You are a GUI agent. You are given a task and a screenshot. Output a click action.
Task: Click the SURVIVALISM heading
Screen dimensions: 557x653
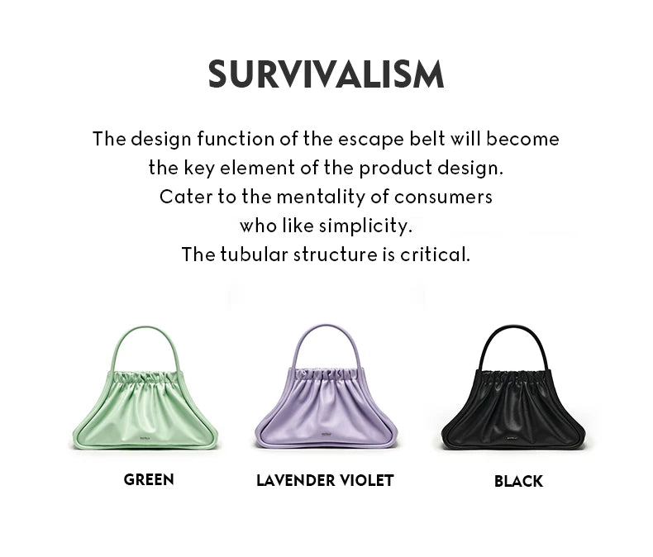pos(326,74)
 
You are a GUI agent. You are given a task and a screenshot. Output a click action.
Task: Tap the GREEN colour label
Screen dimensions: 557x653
pos(149,479)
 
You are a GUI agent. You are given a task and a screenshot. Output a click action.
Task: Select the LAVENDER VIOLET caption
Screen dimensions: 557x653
pos(325,480)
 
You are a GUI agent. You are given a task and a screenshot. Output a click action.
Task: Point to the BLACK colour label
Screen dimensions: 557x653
pos(518,481)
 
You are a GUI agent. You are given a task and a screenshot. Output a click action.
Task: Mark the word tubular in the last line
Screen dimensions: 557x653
pos(250,254)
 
